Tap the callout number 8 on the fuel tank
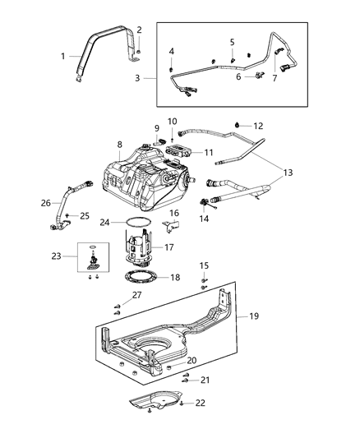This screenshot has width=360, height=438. pyautogui.click(x=119, y=145)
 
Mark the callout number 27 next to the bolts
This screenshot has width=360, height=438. pyautogui.click(x=136, y=295)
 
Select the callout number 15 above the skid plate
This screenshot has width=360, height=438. pyautogui.click(x=205, y=265)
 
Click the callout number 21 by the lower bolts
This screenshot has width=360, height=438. pyautogui.click(x=205, y=380)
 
